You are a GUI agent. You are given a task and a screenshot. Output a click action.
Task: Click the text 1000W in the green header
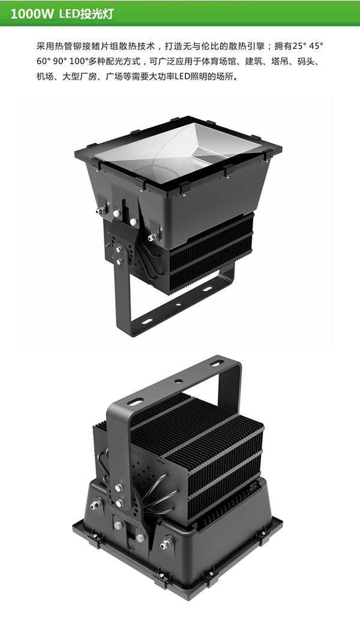[x=32, y=14]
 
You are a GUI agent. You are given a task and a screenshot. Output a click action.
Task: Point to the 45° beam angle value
[x=316, y=46]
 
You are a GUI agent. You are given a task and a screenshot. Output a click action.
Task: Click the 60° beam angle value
[x=43, y=61]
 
